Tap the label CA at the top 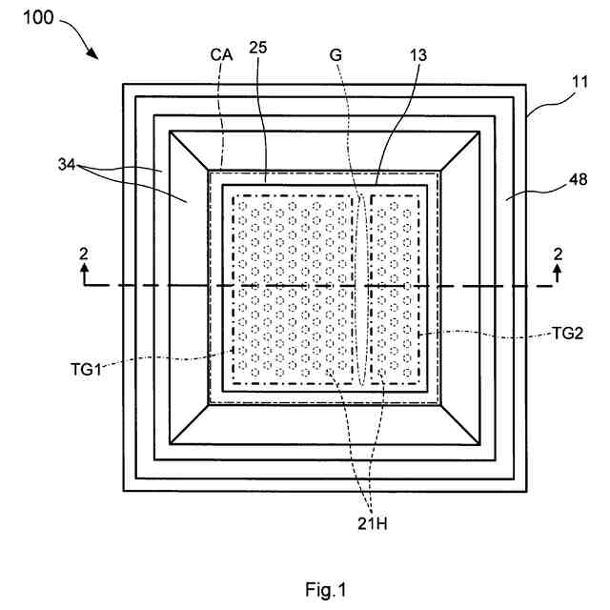pos(221,55)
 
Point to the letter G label pos(335,55)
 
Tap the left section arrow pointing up pos(84,277)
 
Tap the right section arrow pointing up pos(557,277)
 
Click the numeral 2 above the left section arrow pos(84,254)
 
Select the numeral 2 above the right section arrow pos(557,254)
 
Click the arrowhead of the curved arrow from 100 pos(96,55)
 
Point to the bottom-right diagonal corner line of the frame pos(460,424)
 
